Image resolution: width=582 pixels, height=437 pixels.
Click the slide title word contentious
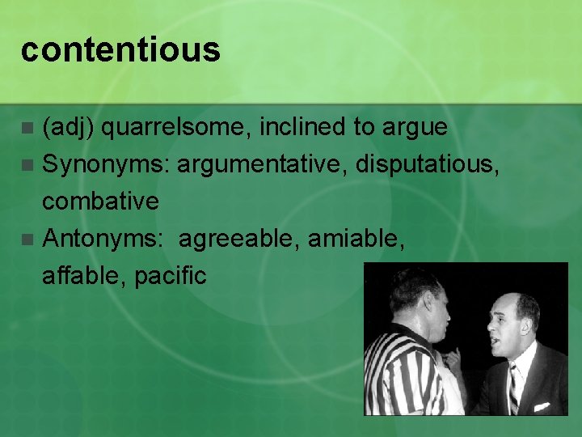[120, 50]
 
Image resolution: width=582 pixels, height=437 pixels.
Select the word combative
[100, 201]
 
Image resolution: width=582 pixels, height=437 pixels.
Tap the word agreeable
[238, 238]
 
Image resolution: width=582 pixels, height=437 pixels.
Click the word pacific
[171, 275]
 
